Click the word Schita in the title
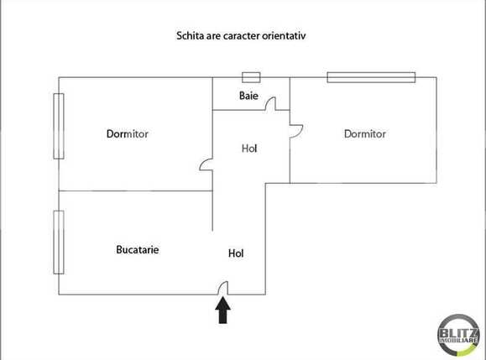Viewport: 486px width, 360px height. coord(191,36)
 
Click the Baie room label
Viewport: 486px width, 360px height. coord(248,96)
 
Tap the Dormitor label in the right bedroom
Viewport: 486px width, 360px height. coord(364,134)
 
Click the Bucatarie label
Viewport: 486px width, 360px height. coord(138,249)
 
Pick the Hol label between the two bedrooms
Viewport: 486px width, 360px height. coord(249,149)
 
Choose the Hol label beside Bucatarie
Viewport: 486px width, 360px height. coord(237,253)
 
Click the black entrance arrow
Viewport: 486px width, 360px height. coord(223,311)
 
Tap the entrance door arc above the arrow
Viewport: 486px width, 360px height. coord(223,289)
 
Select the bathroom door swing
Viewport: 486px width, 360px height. coord(271,103)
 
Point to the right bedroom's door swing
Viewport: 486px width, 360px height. coord(295,131)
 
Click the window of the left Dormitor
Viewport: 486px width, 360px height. coord(59,126)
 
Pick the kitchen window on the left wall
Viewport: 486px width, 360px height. coord(59,241)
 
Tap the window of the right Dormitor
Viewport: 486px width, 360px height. coord(372,78)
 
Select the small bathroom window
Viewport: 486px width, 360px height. coord(250,77)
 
